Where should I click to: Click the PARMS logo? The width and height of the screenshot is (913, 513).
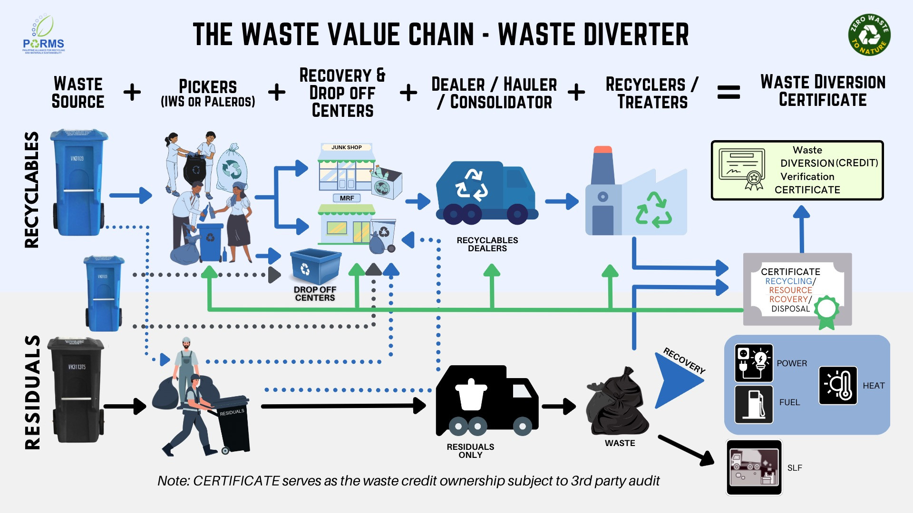[43, 36]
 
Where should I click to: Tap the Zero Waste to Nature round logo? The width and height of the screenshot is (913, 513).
[869, 35]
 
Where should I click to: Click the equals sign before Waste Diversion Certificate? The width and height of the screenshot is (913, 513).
[728, 92]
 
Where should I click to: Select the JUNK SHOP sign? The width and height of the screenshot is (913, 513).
[347, 147]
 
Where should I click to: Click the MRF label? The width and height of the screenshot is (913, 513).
[347, 198]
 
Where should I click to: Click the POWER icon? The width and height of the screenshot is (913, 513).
[754, 363]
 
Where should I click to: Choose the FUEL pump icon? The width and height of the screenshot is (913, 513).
[754, 404]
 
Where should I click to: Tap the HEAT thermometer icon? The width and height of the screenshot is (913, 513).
[838, 385]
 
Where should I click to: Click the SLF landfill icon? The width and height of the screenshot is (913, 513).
[754, 467]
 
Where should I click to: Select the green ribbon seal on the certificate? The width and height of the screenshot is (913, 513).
[827, 312]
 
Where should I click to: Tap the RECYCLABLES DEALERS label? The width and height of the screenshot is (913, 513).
[487, 244]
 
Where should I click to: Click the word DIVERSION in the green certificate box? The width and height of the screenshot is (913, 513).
[807, 163]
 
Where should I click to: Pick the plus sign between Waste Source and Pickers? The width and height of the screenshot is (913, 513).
[132, 92]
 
